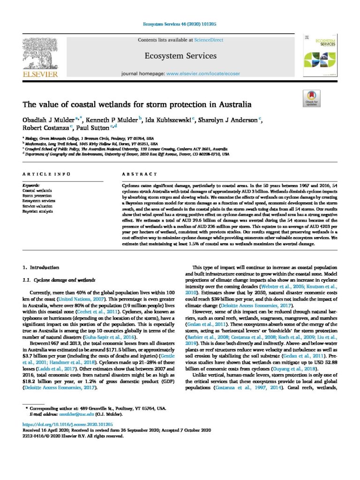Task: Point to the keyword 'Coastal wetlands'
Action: click(37, 191)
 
